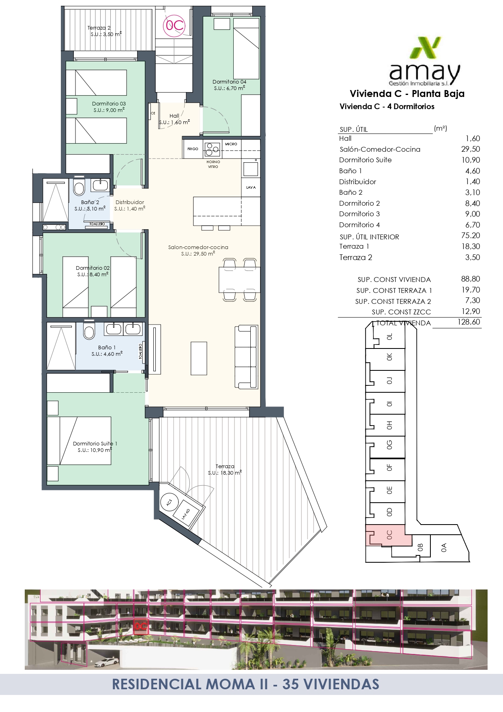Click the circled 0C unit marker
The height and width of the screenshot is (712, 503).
pyautogui.click(x=174, y=26)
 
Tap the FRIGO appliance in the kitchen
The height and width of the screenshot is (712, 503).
pyautogui.click(x=193, y=149)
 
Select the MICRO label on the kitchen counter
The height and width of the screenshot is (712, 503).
pyautogui.click(x=231, y=144)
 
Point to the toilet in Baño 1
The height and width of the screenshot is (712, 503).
pyautogui.click(x=89, y=331)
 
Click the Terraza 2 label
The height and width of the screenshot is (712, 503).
pyautogui.click(x=99, y=28)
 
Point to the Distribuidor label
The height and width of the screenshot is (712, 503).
pyautogui.click(x=130, y=202)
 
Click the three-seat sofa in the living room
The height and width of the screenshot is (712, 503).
pyautogui.click(x=246, y=357)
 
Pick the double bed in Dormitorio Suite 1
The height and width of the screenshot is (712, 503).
pyautogui.click(x=79, y=441)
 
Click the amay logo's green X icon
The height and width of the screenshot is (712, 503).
pyautogui.click(x=425, y=48)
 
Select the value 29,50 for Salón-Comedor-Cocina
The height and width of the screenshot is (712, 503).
pyautogui.click(x=471, y=149)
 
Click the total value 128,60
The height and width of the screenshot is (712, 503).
pyautogui.click(x=469, y=322)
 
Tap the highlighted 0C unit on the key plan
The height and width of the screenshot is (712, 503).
pyautogui.click(x=388, y=535)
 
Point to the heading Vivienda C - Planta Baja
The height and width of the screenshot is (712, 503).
pyautogui.click(x=407, y=94)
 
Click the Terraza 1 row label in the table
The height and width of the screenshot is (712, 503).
pyautogui.click(x=354, y=246)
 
